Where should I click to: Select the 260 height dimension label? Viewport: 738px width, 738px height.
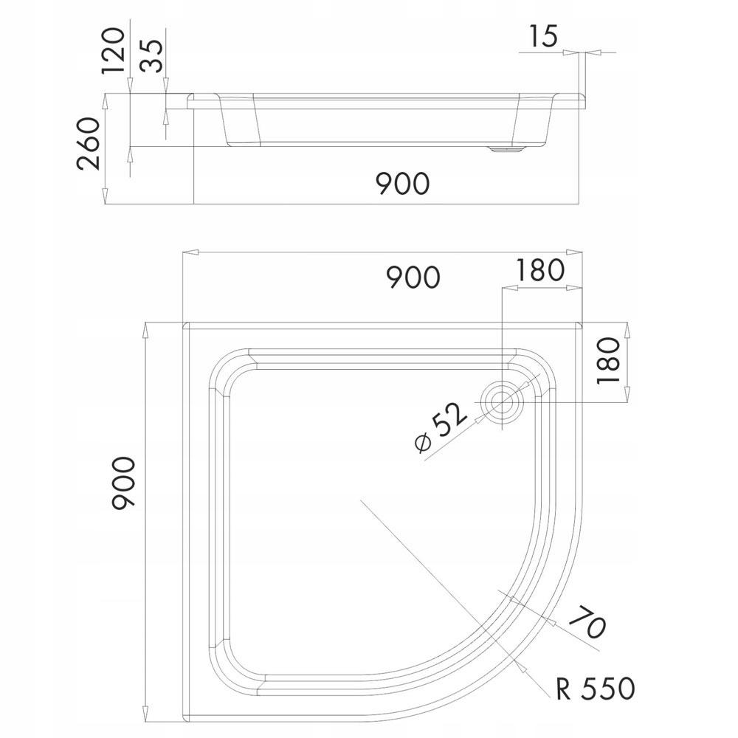[x=89, y=143]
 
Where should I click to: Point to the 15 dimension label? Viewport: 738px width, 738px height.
[x=543, y=35]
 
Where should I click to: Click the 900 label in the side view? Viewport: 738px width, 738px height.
[x=402, y=182]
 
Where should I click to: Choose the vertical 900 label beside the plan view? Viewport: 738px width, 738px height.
[x=123, y=483]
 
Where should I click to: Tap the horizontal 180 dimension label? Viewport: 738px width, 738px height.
[x=539, y=271]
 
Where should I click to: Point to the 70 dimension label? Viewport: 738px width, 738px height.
[x=590, y=621]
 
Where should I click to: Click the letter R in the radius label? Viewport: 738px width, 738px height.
[x=565, y=688]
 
